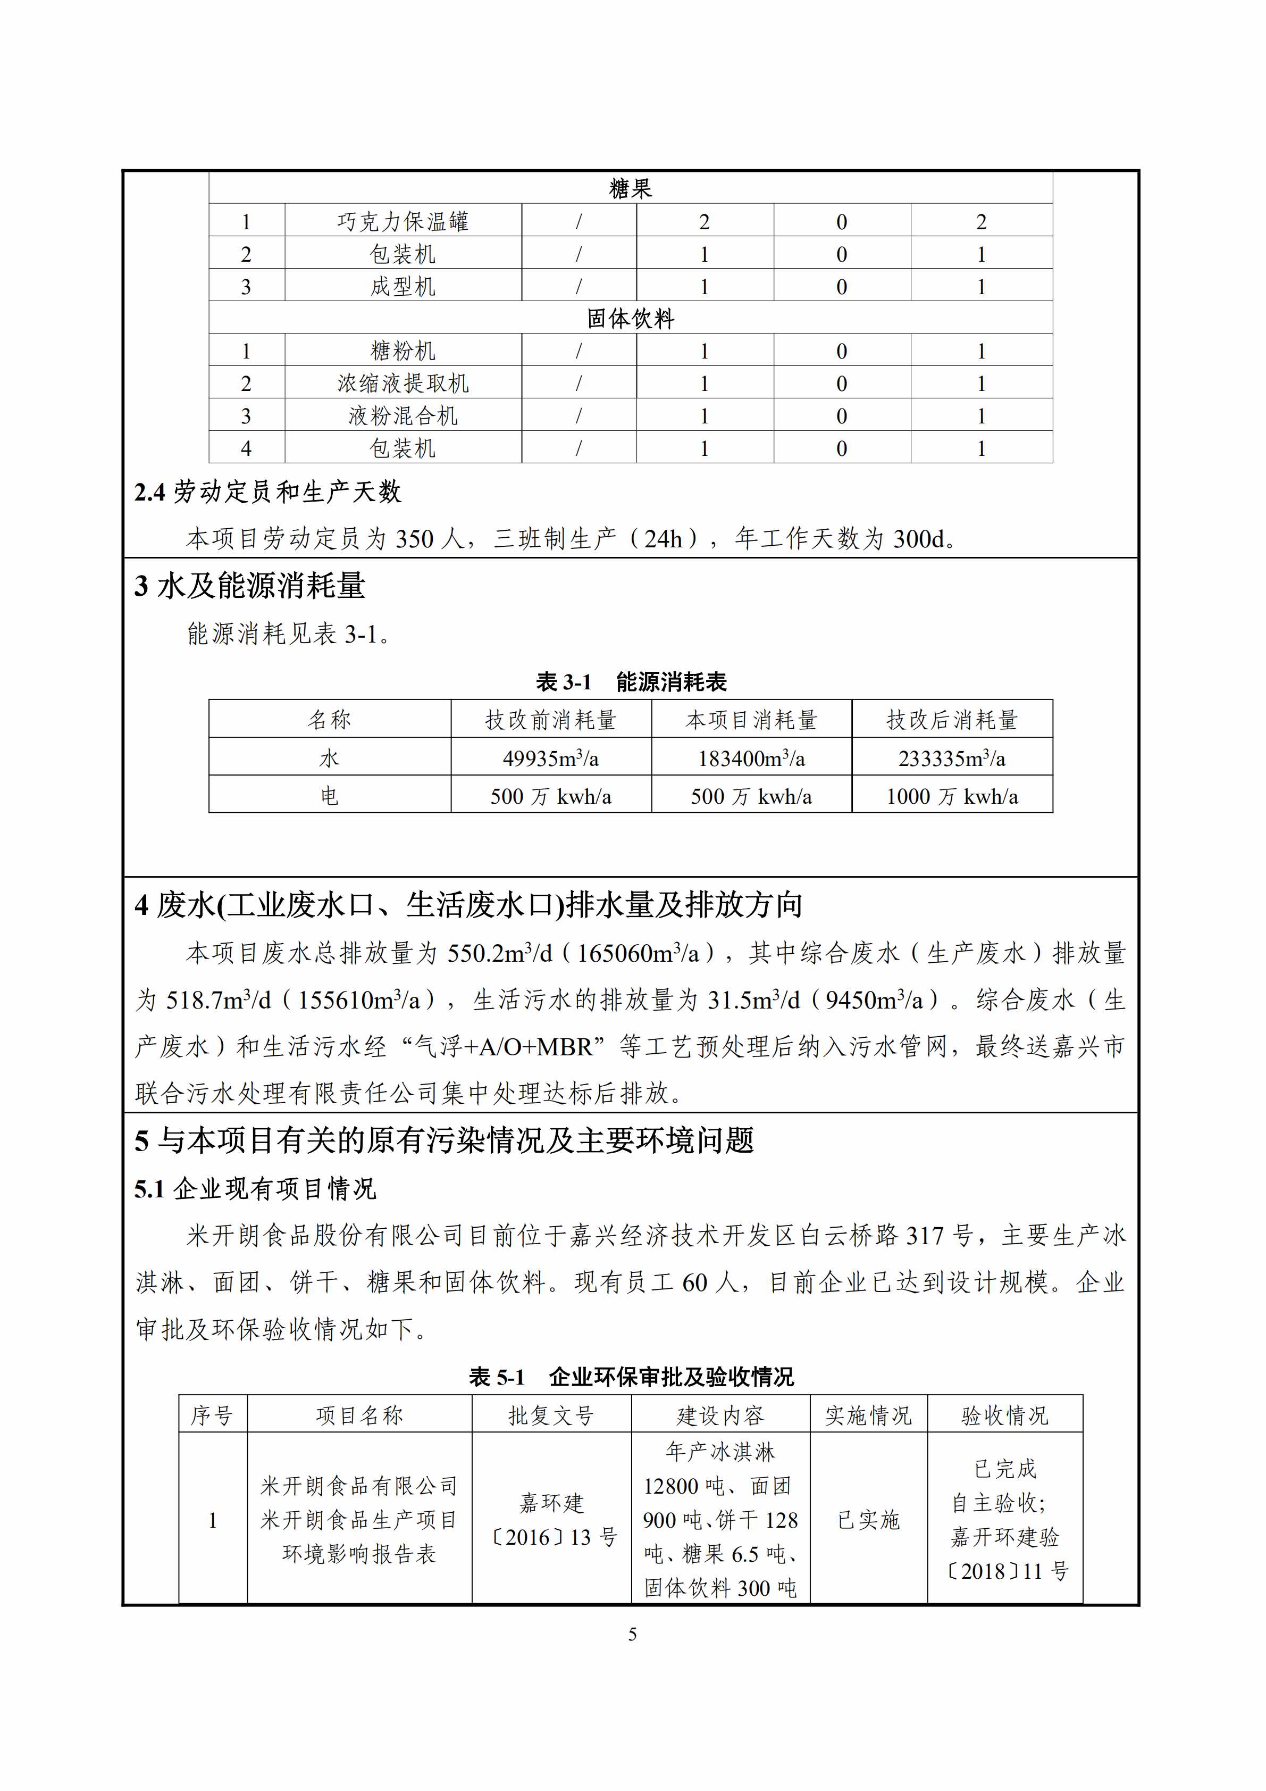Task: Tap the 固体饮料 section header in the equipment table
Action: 630,318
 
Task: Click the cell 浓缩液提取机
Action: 403,384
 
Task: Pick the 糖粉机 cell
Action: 403,351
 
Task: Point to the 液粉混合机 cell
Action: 403,416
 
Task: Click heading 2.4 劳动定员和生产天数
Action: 267,492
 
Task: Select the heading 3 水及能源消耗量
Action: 249,586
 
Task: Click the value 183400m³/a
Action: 751,758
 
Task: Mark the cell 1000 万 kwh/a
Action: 951,796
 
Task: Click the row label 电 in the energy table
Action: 329,796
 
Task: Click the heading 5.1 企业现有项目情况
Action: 255,1189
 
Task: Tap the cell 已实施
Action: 868,1520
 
